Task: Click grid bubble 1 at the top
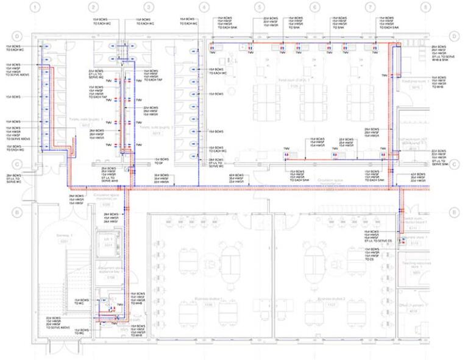(x=36, y=7)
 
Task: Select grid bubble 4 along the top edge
(x=204, y=7)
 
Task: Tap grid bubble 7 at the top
(x=370, y=7)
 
